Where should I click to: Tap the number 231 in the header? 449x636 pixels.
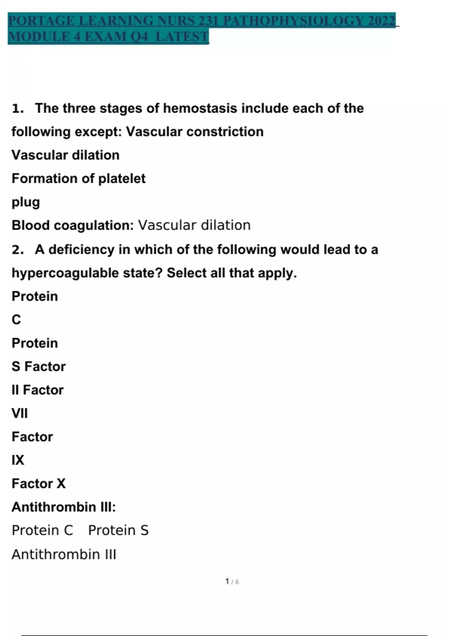[208, 21]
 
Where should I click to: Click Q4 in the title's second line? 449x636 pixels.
[138, 37]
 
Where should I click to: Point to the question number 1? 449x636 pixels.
[18, 108]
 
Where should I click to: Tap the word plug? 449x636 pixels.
[25, 202]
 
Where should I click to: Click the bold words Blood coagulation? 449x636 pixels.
[73, 225]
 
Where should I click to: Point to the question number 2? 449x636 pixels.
[18, 250]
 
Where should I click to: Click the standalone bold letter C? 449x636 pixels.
[16, 320]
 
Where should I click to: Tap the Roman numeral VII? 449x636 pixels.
[19, 413]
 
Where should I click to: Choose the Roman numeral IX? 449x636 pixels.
[18, 460]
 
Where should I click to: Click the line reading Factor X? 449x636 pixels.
[39, 483]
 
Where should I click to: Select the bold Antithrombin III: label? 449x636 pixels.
[64, 507]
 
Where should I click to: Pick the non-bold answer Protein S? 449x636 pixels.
[118, 530]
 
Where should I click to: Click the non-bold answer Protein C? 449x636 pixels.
[42, 530]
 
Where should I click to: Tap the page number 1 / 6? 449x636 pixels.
[232, 582]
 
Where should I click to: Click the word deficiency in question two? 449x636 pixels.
[82, 250]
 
